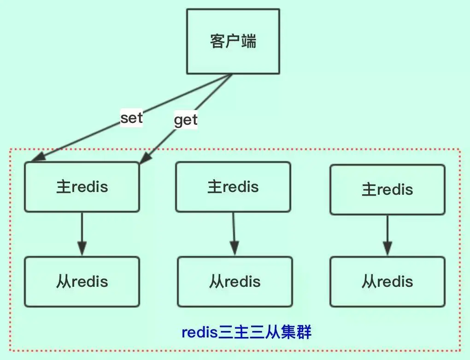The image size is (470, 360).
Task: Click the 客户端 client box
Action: point(233,41)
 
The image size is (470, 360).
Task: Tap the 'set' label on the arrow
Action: point(131,118)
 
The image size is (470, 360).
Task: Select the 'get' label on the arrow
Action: point(185,120)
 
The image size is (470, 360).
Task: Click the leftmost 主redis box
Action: point(82,187)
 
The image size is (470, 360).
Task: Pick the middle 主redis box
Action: point(233,187)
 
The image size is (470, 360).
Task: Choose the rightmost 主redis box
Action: point(388,190)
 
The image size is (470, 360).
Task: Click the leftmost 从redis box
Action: point(82,282)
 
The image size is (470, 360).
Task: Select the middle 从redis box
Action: point(235,282)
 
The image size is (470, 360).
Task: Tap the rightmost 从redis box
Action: point(388,282)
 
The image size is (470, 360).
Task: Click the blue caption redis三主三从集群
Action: point(247,332)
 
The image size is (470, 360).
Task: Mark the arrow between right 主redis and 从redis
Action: point(388,235)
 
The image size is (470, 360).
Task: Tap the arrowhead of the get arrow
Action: point(145,158)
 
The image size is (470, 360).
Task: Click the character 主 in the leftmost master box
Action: point(63,187)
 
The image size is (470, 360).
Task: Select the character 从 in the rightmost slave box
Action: point(369,282)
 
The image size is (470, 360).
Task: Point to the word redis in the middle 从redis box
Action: point(243,282)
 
